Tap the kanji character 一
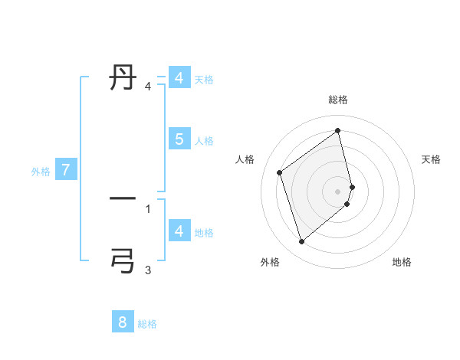click(123, 199)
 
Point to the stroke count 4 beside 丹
click(148, 86)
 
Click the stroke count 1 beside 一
click(148, 208)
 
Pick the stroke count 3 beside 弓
click(148, 270)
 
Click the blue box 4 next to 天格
click(179, 78)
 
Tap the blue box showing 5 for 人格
click(179, 139)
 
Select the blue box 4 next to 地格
click(179, 231)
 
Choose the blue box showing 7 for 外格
click(66, 170)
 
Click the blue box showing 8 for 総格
click(123, 322)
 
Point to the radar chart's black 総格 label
click(338, 100)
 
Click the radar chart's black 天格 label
click(432, 159)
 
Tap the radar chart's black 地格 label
click(402, 262)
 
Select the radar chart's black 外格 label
click(270, 262)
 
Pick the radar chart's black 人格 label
click(245, 159)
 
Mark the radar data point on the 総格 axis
click(338, 130)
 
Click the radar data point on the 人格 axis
click(280, 172)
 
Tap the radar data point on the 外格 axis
click(301, 242)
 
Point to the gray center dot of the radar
click(338, 191)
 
